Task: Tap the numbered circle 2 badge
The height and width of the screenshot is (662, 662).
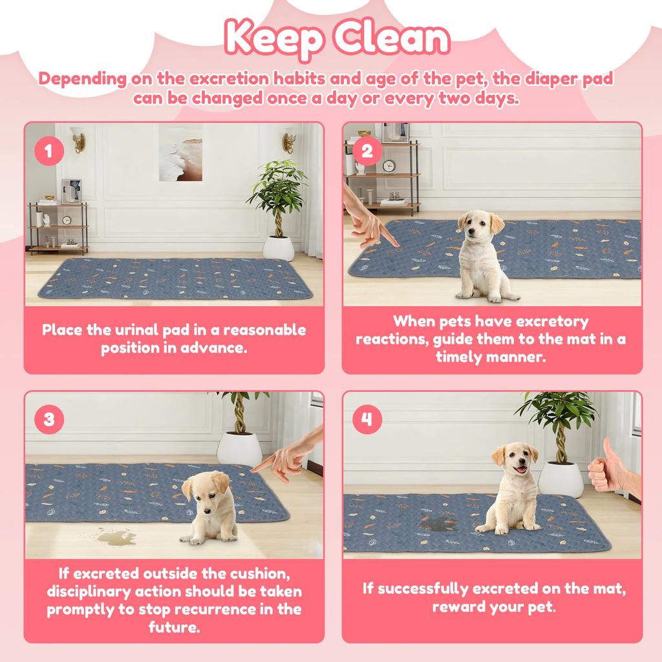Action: tap(367, 153)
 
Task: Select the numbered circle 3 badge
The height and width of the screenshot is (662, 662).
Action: tap(49, 420)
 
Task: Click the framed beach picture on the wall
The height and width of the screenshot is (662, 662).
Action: tap(180, 152)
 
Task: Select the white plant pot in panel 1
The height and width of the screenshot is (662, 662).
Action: tap(279, 248)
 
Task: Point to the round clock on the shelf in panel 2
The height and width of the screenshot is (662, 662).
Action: tap(389, 166)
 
